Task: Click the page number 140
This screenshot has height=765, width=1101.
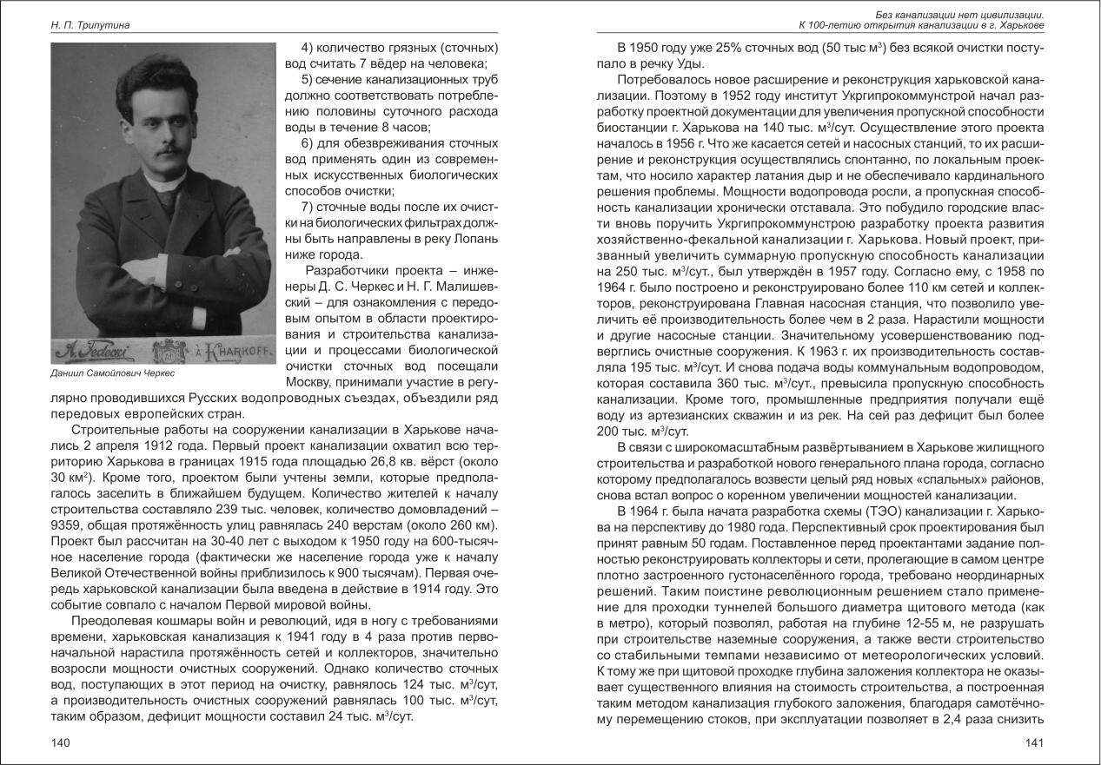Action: [60, 742]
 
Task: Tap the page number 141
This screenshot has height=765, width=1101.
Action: [1033, 742]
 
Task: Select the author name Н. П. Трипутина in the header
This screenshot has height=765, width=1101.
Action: [90, 26]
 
